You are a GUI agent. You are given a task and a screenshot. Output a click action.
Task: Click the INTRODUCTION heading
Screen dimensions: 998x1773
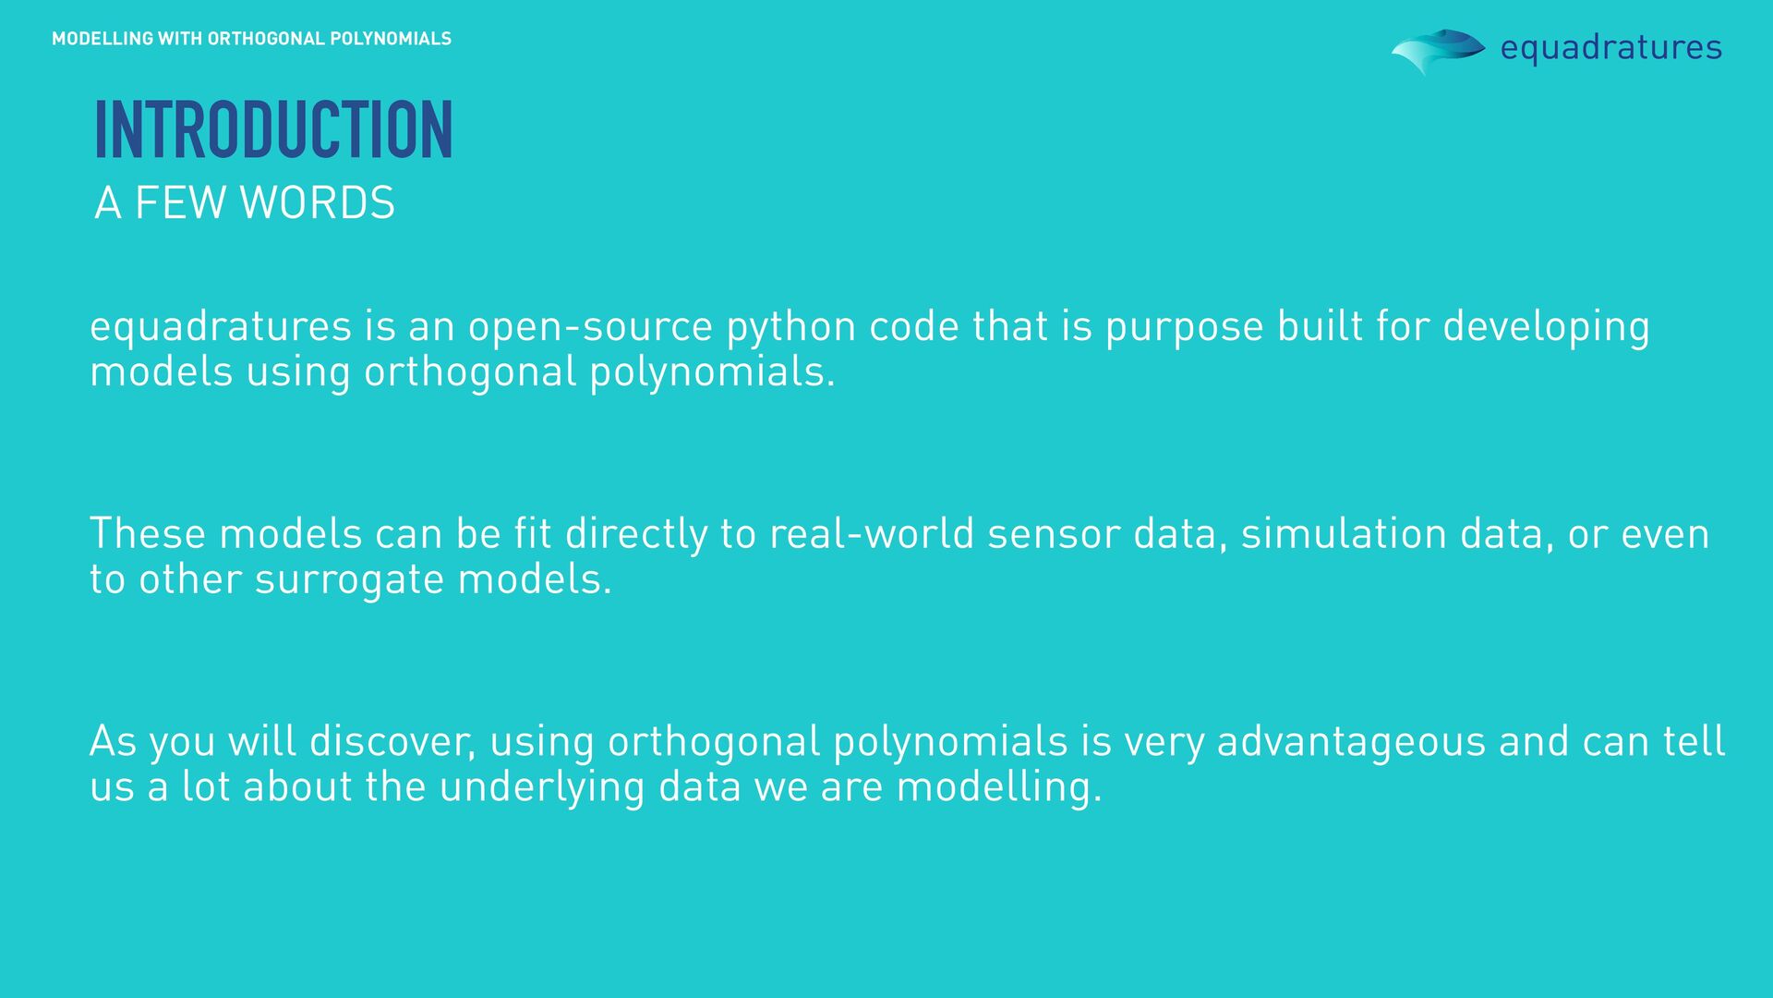(x=273, y=130)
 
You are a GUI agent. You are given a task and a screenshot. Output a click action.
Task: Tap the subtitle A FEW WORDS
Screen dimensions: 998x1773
(x=245, y=202)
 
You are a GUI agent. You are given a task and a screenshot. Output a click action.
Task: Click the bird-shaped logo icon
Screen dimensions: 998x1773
(x=1437, y=50)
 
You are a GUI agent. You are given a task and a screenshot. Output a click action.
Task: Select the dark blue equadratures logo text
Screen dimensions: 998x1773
(x=1610, y=47)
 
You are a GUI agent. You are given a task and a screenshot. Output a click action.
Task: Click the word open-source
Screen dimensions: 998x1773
(x=590, y=326)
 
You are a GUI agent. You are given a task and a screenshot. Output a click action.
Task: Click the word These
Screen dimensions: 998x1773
(x=148, y=534)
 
